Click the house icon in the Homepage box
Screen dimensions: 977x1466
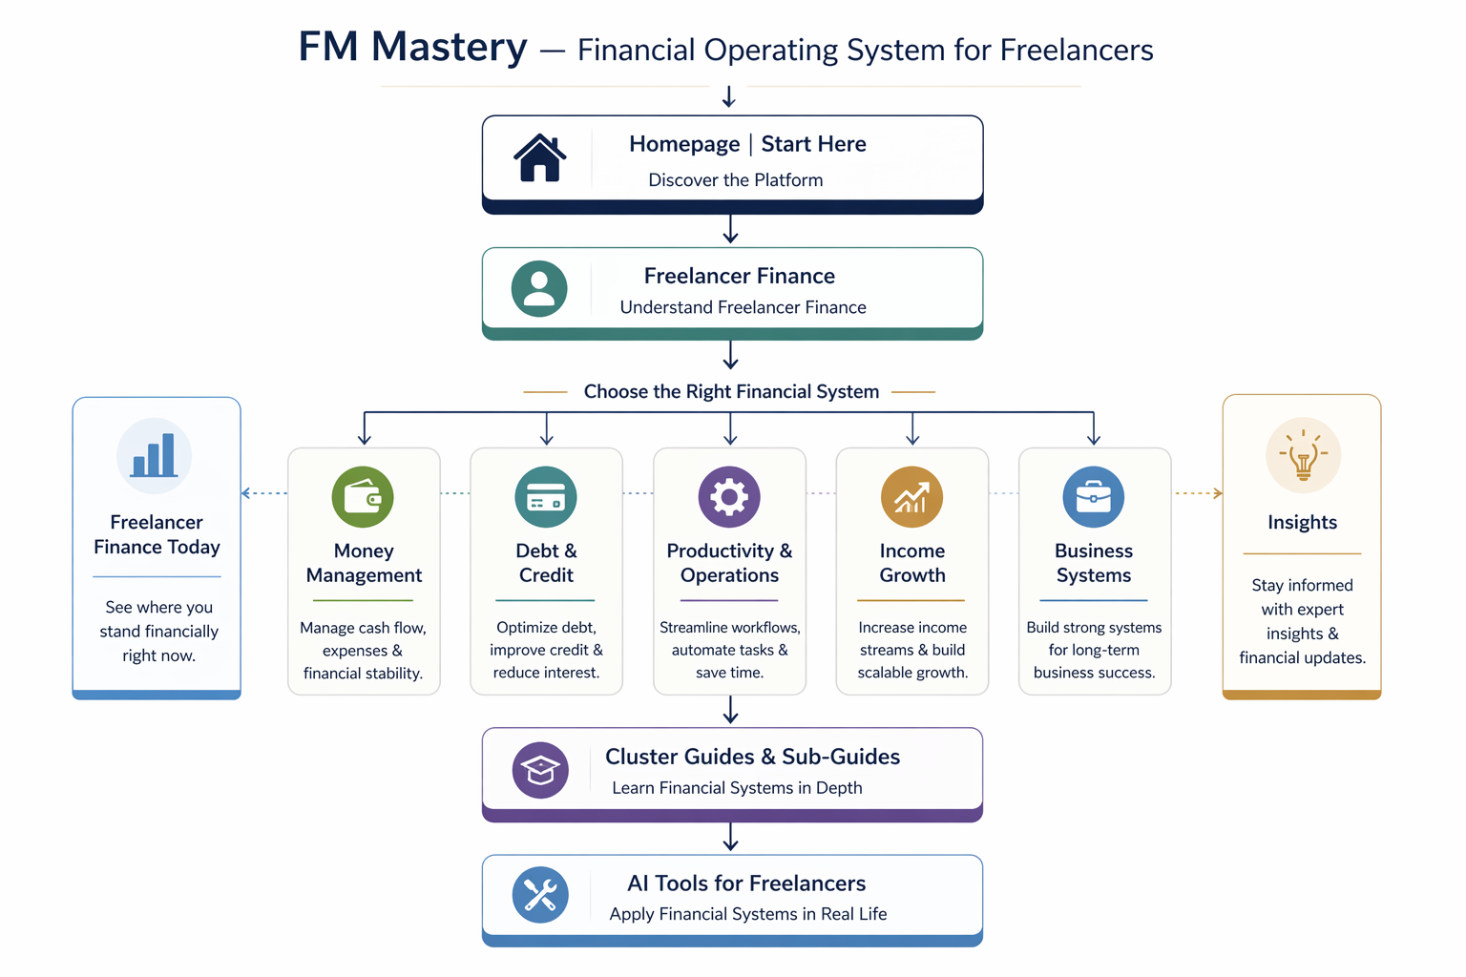(x=540, y=157)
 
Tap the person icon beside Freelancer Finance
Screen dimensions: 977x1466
(x=539, y=288)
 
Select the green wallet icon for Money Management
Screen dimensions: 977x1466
(x=363, y=497)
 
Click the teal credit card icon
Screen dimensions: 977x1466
(x=546, y=497)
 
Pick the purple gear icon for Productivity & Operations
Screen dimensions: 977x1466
(x=729, y=497)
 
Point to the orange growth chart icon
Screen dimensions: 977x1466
(x=911, y=497)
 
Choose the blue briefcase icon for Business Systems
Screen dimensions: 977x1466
(x=1094, y=497)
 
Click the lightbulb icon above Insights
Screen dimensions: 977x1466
(x=1303, y=456)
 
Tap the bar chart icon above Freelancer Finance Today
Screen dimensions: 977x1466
(x=155, y=456)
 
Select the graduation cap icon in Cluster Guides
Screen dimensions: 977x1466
(x=540, y=770)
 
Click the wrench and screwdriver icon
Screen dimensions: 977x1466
(x=540, y=895)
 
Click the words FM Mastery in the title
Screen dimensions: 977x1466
(x=412, y=47)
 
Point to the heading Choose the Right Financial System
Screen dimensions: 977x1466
(x=731, y=391)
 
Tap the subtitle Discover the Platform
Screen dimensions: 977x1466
(x=735, y=180)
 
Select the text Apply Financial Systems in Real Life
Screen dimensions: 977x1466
(x=748, y=914)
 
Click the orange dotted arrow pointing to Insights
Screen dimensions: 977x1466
(x=1199, y=493)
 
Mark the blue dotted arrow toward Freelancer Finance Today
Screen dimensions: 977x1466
(x=263, y=493)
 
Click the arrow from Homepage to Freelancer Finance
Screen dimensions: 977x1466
(x=730, y=229)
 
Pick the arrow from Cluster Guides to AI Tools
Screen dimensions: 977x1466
(x=730, y=838)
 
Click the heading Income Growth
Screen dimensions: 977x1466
(x=911, y=563)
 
